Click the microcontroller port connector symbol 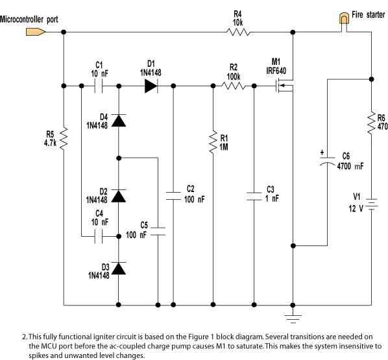click(x=36, y=32)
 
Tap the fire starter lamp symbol click(x=344, y=19)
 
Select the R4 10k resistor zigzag click(x=238, y=32)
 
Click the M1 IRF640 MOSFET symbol click(x=285, y=86)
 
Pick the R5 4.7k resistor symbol click(x=64, y=139)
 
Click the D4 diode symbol click(x=119, y=121)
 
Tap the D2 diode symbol click(x=119, y=196)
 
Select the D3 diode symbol click(x=119, y=269)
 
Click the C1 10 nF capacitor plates click(x=98, y=86)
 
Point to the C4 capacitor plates click(x=98, y=237)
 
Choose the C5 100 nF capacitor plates click(x=158, y=231)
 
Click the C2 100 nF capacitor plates click(x=173, y=196)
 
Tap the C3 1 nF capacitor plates click(x=254, y=197)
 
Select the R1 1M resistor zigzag click(x=213, y=142)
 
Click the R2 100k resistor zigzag click(x=233, y=86)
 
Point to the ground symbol click(x=293, y=319)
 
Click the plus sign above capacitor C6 click(x=322, y=152)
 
